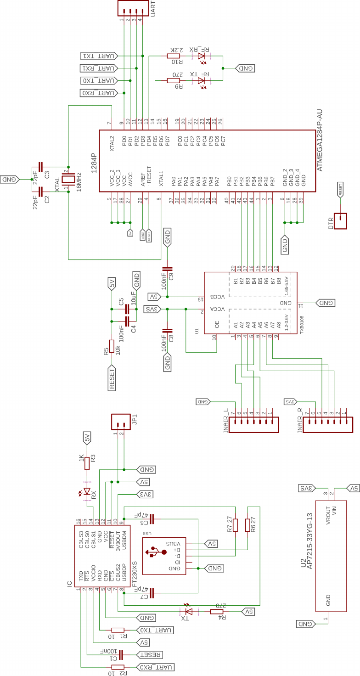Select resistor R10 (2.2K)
point(173,56)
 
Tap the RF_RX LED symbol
point(201,56)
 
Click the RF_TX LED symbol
point(201,81)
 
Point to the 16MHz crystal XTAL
point(68,179)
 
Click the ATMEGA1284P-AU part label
point(320,141)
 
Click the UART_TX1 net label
point(99,56)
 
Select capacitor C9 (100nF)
point(167,268)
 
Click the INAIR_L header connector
point(254,425)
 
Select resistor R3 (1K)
point(87,462)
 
